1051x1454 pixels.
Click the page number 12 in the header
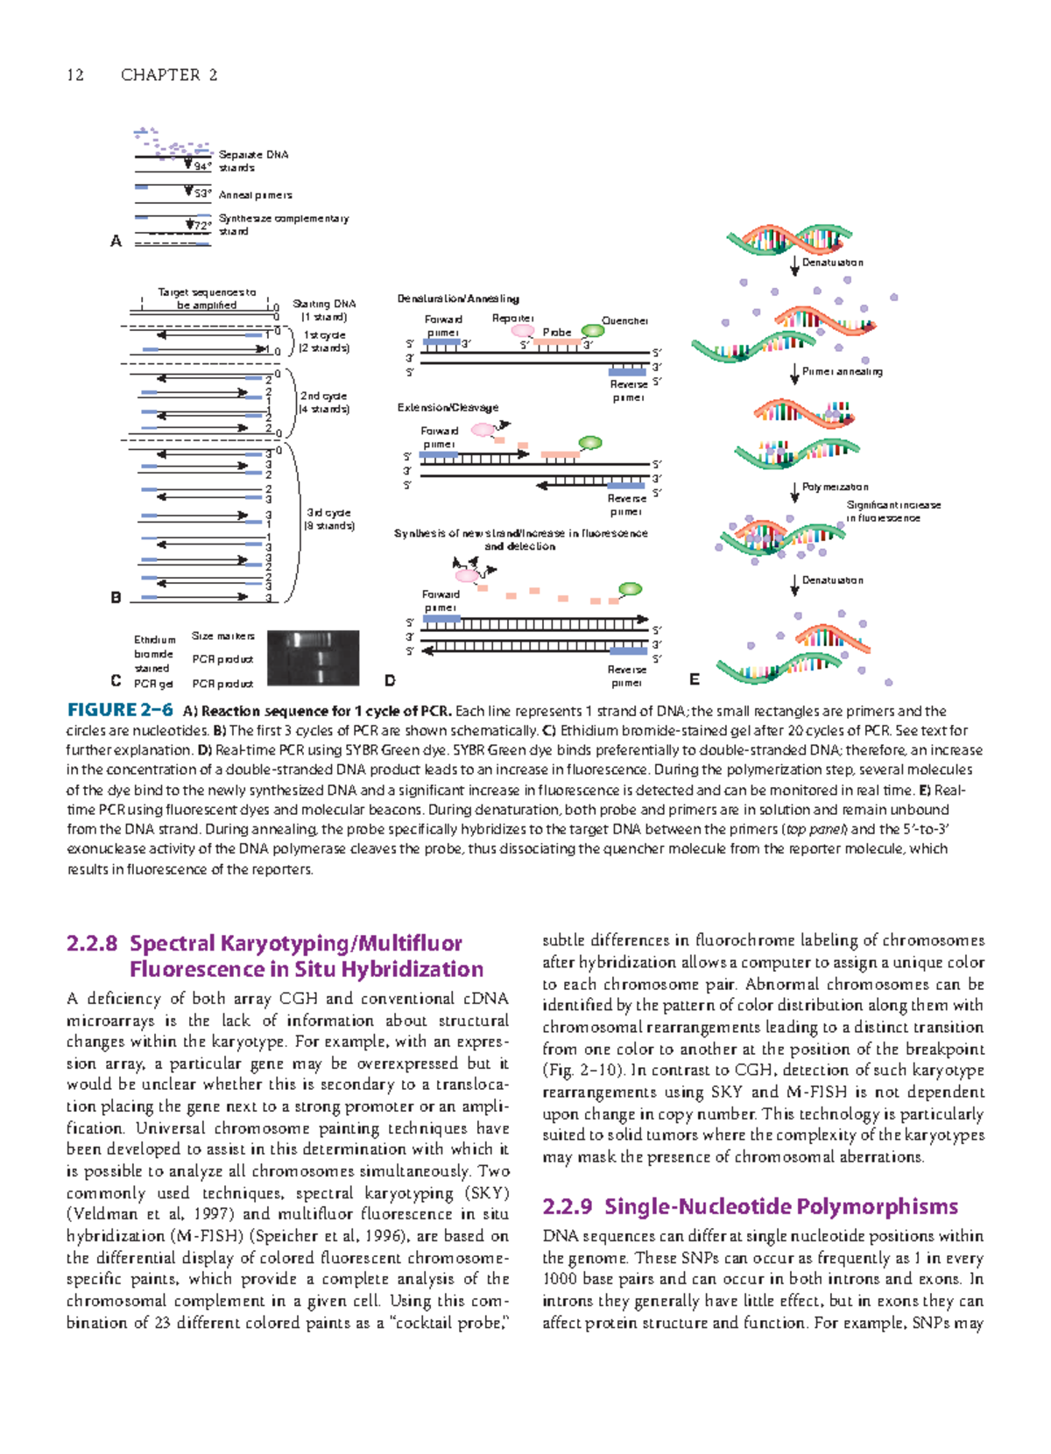coord(75,75)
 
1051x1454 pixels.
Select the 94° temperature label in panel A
coord(202,166)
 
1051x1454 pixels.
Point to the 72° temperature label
coord(202,226)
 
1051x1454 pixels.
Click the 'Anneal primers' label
coord(255,195)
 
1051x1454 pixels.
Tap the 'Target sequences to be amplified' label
coord(207,299)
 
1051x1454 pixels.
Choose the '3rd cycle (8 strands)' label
coord(328,519)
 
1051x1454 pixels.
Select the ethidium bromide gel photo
coord(313,657)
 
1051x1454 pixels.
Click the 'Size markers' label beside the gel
coord(223,636)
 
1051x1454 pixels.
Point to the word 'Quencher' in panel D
coord(624,321)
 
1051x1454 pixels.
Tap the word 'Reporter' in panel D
coord(512,319)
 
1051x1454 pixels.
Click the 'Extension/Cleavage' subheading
coord(448,408)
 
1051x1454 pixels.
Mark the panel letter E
coord(695,679)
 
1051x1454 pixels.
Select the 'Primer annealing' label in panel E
coord(842,372)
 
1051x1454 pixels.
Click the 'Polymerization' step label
coord(835,488)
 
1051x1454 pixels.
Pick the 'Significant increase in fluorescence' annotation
coord(892,511)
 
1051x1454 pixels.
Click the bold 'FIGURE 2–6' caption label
coord(120,711)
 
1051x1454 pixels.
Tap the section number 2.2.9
coord(567,1207)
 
